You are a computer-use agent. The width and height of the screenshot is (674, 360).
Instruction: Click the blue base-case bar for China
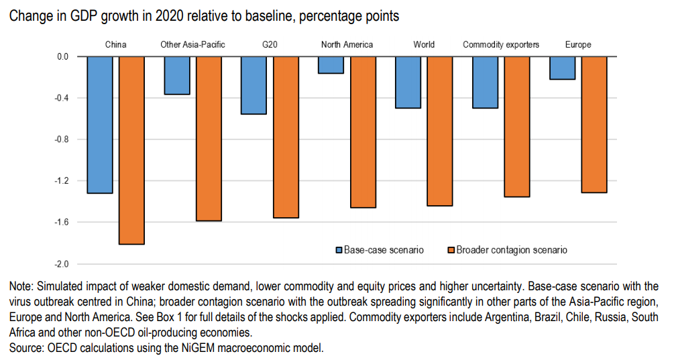click(99, 125)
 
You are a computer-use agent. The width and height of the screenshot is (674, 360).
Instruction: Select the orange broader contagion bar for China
click(131, 150)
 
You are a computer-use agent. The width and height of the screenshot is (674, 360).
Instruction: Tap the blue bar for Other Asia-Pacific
click(176, 75)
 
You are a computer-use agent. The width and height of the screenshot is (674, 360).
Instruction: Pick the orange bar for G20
click(286, 137)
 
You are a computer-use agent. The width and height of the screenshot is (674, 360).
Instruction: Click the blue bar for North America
click(331, 65)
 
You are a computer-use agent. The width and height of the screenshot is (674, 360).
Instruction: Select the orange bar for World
click(440, 131)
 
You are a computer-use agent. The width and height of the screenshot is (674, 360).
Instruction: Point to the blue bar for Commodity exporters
click(485, 82)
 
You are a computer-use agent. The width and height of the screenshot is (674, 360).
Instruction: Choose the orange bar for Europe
click(594, 125)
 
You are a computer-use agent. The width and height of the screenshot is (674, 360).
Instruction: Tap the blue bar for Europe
click(562, 68)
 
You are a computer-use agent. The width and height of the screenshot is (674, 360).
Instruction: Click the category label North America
click(347, 45)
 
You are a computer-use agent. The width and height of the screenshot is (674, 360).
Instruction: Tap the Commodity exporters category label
click(501, 45)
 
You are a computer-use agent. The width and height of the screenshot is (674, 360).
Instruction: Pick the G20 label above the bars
click(270, 45)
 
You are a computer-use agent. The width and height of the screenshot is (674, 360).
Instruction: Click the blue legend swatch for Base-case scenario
click(339, 250)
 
